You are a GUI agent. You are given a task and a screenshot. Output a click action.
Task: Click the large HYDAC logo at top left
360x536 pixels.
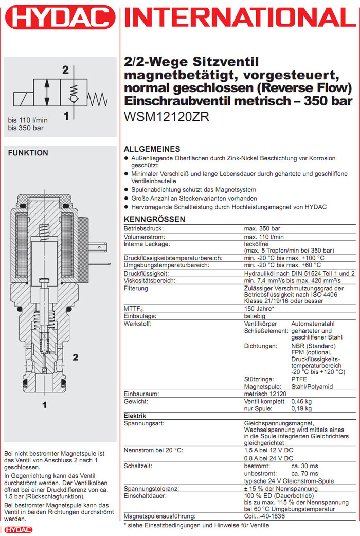pos(60,20)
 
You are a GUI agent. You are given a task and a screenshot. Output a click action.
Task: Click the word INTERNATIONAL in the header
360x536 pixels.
pos(239,20)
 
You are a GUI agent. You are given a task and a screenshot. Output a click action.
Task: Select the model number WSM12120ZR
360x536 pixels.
pos(167,116)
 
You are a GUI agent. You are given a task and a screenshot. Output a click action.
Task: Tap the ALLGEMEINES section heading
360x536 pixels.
pos(152,149)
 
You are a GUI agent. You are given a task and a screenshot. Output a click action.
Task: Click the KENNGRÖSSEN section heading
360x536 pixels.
pos(155,219)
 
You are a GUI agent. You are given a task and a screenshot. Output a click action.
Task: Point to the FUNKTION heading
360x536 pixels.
pos(28,153)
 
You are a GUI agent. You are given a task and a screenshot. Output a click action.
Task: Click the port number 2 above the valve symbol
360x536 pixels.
pos(65,70)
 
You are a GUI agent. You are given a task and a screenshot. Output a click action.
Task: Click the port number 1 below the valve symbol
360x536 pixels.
pos(66,117)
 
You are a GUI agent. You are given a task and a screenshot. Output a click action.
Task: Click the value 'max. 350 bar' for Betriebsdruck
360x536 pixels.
pos(262,228)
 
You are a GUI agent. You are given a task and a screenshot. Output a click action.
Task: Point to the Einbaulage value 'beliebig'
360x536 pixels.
pos(256,315)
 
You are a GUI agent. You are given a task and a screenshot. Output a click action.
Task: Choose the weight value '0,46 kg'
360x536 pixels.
pos(301,401)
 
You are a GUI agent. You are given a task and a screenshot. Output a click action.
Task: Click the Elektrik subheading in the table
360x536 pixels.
pos(136,415)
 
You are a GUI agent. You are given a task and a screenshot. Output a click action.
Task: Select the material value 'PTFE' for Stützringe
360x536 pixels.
pos(299,379)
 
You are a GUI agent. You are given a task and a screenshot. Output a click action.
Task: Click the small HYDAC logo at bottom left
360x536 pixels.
pos(18,530)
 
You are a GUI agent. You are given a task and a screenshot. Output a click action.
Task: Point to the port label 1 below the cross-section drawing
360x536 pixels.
pos(45,405)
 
